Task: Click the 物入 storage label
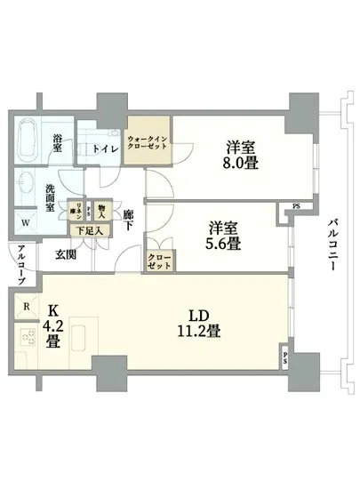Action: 101,210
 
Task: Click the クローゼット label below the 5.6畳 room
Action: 160,261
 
